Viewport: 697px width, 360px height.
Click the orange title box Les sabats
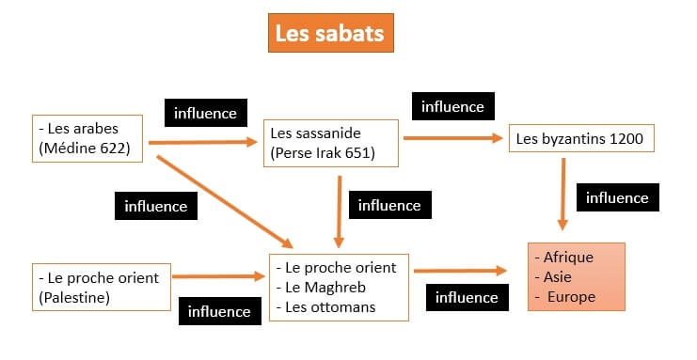328,34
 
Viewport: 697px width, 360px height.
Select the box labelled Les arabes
87,138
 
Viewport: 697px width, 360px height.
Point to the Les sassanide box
332,143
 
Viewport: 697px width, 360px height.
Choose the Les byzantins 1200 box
579,139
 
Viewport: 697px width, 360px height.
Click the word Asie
558,276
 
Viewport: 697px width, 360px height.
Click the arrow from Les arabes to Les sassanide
202,143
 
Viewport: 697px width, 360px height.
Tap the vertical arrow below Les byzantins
562,193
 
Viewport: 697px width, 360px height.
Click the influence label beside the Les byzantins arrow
617,197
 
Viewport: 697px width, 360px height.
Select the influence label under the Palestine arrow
219,311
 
